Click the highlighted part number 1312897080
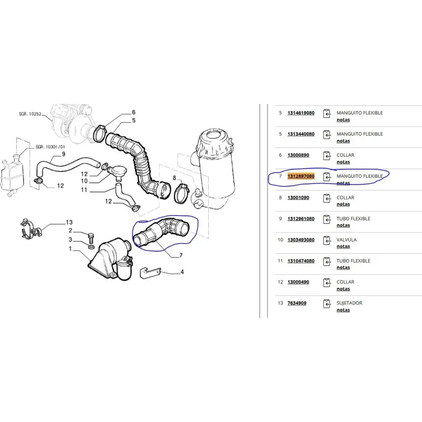[x=301, y=176]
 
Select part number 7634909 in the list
[x=297, y=303]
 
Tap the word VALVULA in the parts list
[x=347, y=240]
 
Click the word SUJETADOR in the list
[x=349, y=303]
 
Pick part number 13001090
[x=298, y=197]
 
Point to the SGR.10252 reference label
[x=30, y=114]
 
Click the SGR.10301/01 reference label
[x=50, y=147]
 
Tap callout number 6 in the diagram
[x=133, y=112]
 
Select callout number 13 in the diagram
[x=69, y=222]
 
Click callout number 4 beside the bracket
[x=182, y=272]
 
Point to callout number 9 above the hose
[x=63, y=154]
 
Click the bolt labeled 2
[x=91, y=238]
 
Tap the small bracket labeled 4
[x=150, y=273]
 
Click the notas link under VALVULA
[x=343, y=246]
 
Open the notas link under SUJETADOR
[x=343, y=310]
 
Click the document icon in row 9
[x=327, y=219]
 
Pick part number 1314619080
[x=301, y=113]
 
